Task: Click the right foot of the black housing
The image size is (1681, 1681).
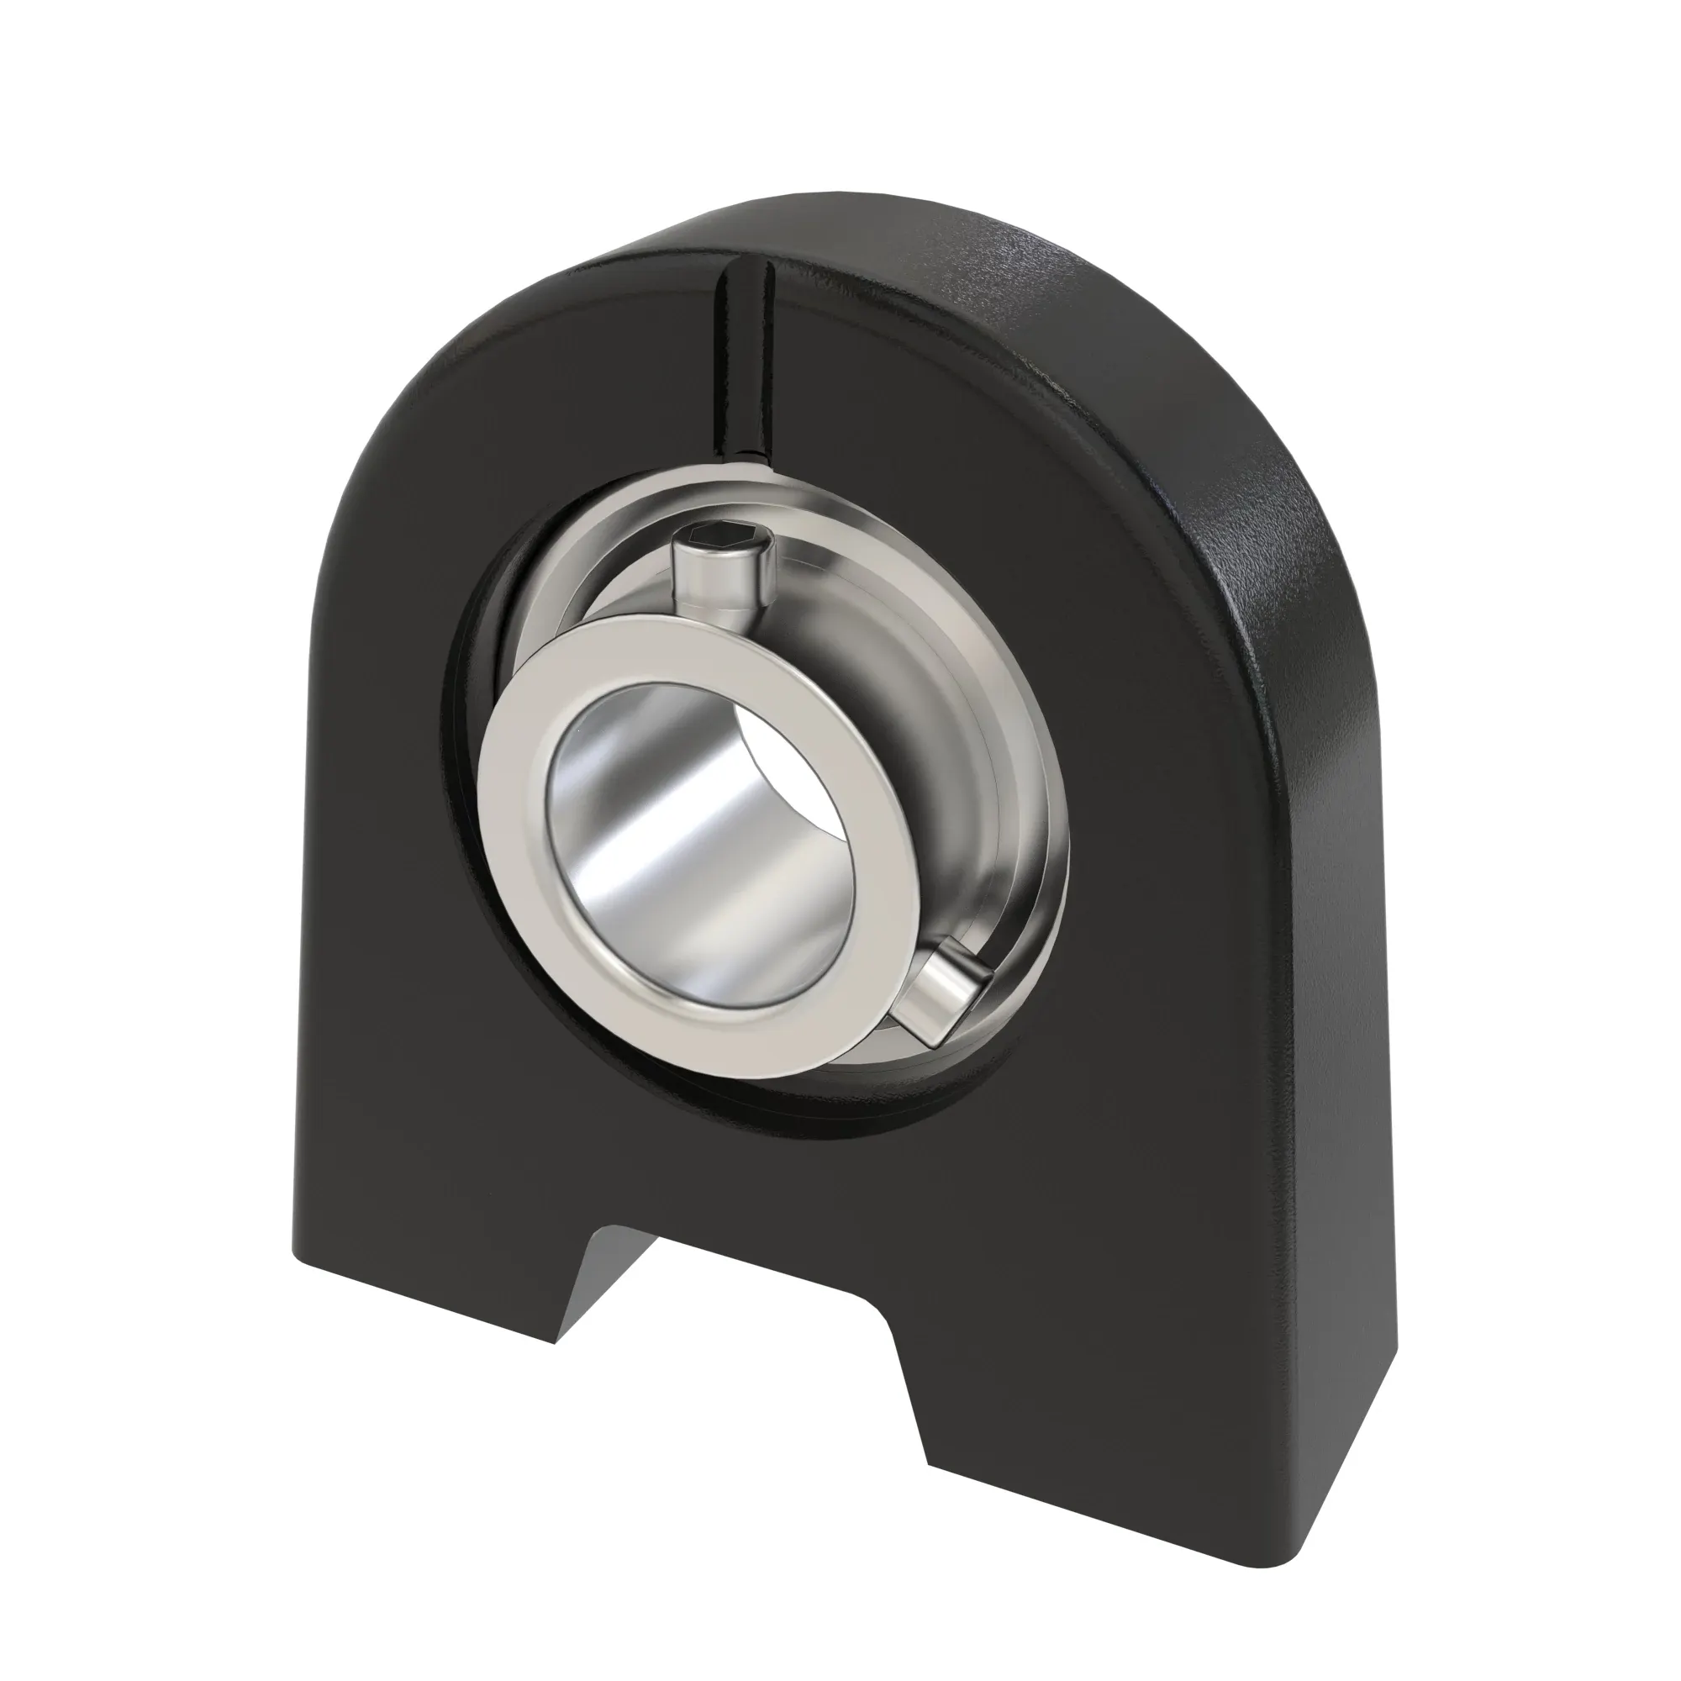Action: click(x=1088, y=1410)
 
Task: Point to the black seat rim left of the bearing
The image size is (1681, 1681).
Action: click(x=461, y=783)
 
